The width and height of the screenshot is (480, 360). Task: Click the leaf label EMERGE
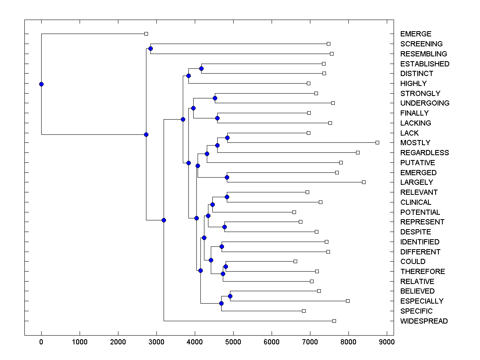416,34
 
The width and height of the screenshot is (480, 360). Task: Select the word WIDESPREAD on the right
424,321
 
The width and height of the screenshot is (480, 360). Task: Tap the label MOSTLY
415,143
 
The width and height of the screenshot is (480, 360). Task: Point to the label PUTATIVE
417,163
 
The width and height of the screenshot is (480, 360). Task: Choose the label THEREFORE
422,272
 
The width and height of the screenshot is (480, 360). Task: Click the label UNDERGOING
424,103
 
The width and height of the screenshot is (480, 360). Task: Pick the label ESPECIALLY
422,301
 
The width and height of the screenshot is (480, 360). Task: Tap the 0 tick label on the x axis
41,341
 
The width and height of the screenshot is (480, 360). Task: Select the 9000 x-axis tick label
387,341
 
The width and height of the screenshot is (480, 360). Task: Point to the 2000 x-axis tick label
118,341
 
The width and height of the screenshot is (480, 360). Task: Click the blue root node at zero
41,84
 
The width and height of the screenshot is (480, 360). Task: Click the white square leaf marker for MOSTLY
377,142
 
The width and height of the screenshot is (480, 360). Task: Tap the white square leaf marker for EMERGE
146,34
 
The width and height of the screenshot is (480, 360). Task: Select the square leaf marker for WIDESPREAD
334,321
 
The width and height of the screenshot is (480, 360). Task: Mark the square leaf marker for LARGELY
364,182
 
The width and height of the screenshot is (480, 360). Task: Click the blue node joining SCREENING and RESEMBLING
150,49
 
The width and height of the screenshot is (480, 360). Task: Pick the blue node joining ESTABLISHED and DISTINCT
201,68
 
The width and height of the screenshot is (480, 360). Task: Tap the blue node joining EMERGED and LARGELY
227,177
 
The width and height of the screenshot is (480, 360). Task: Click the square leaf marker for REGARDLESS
358,152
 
